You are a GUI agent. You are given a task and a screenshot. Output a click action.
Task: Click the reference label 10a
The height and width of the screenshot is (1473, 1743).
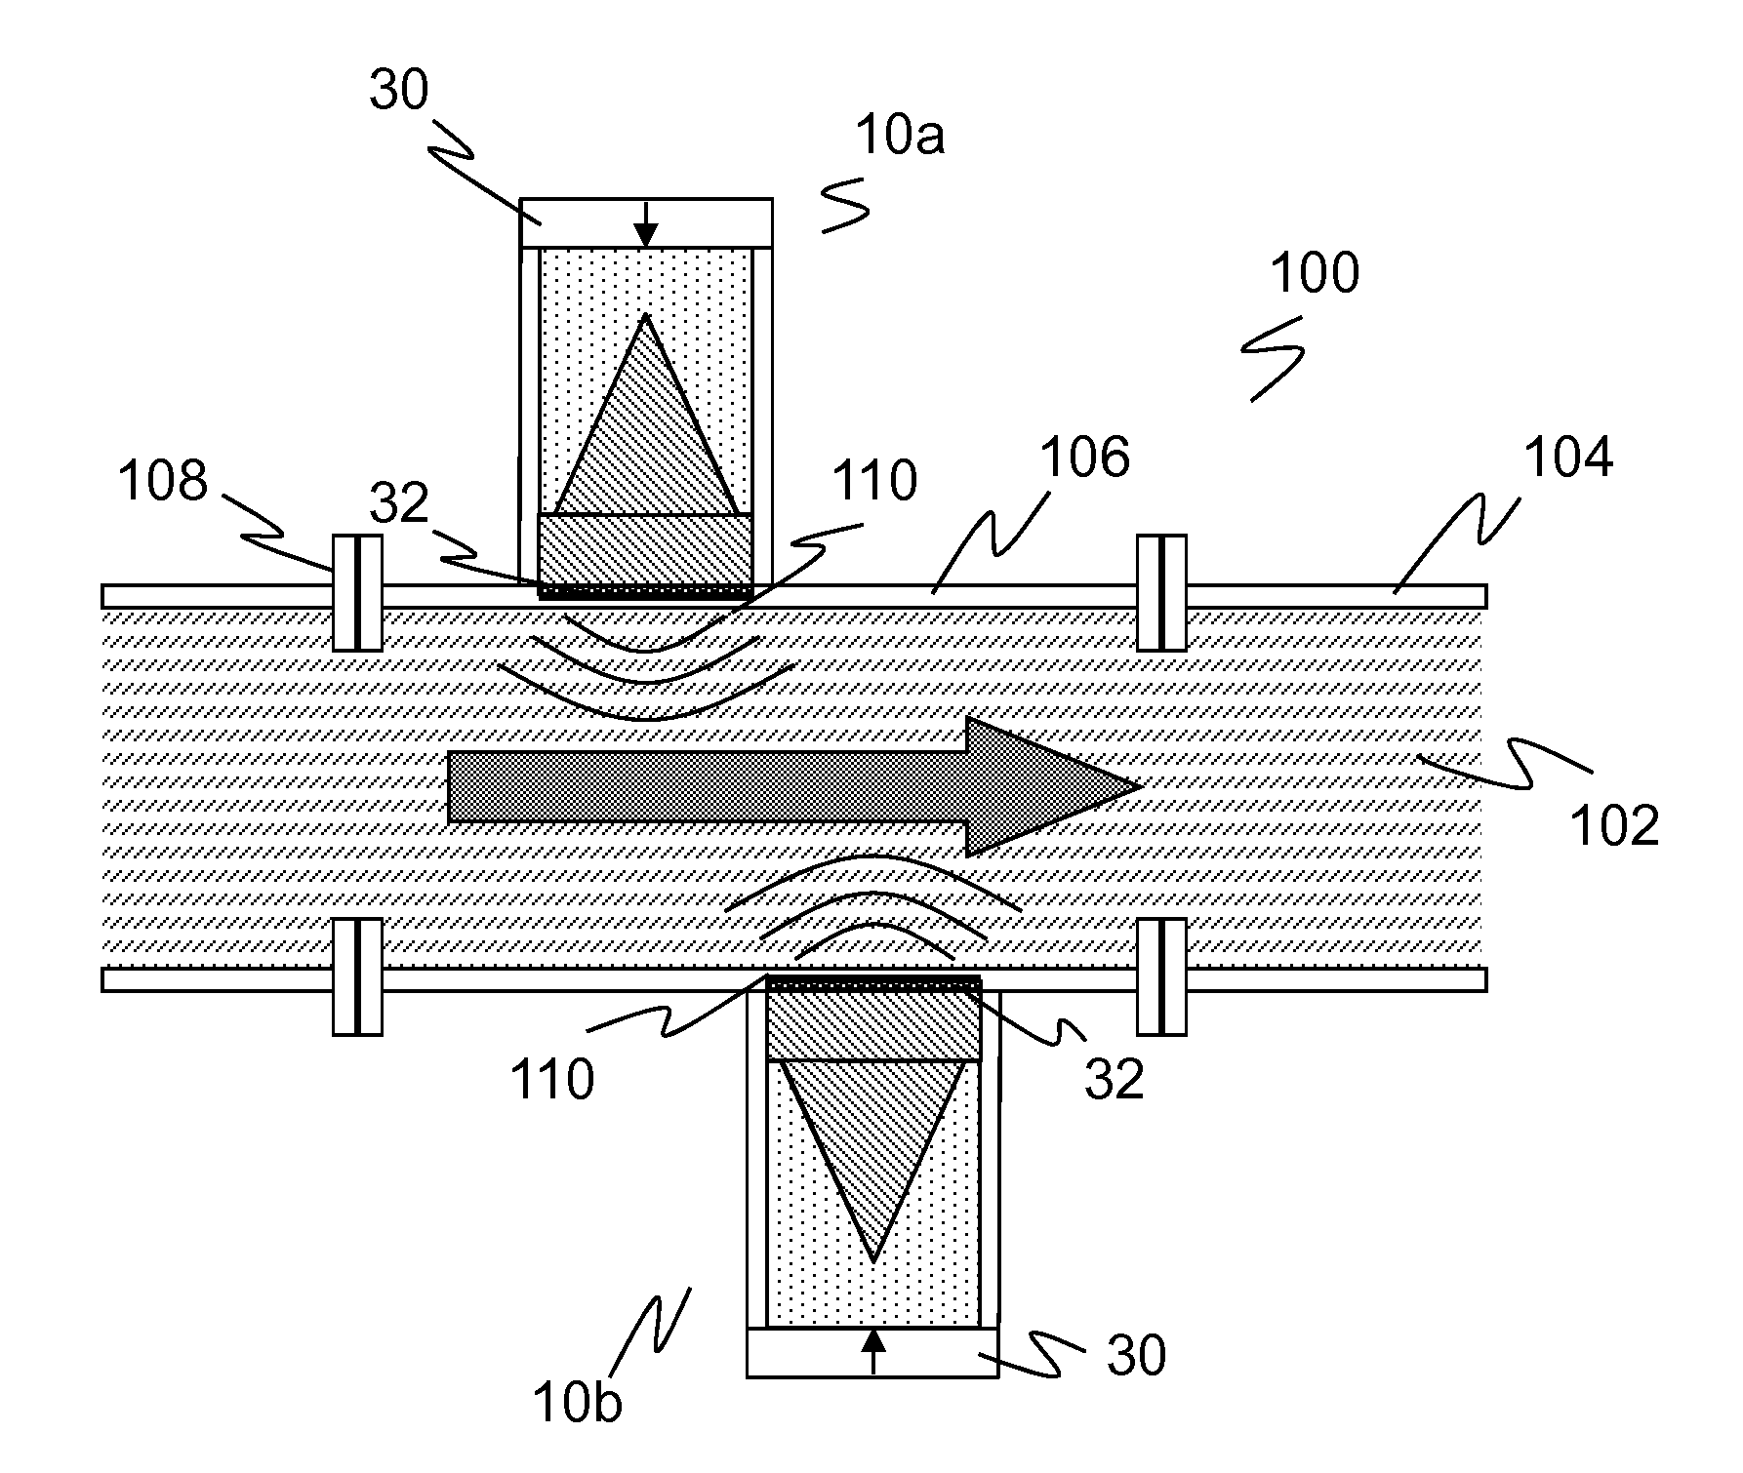click(x=900, y=136)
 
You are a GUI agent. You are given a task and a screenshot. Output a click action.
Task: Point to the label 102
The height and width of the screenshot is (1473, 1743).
click(x=1614, y=825)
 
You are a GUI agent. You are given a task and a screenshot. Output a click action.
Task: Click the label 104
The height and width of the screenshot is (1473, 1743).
click(x=1568, y=457)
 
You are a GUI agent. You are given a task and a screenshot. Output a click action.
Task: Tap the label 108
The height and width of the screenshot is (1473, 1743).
click(x=163, y=480)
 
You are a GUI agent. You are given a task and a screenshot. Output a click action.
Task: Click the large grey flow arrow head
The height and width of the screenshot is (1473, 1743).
click(x=1054, y=786)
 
